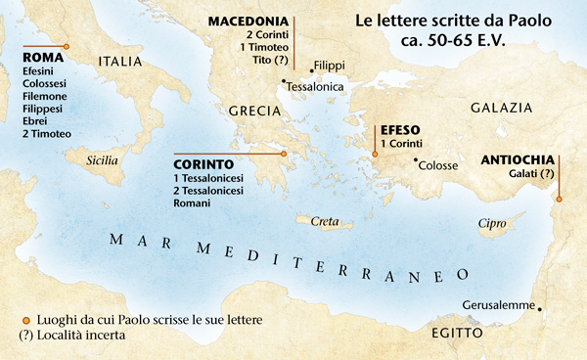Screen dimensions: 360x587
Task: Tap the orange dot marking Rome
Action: [x=67, y=46]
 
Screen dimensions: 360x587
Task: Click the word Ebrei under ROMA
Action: [x=36, y=121]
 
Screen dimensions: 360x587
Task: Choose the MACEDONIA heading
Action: [x=248, y=21]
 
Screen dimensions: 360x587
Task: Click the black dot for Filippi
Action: [x=310, y=70]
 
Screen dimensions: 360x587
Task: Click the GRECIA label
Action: [x=254, y=112]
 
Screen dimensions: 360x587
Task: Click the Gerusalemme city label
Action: [x=497, y=304]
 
